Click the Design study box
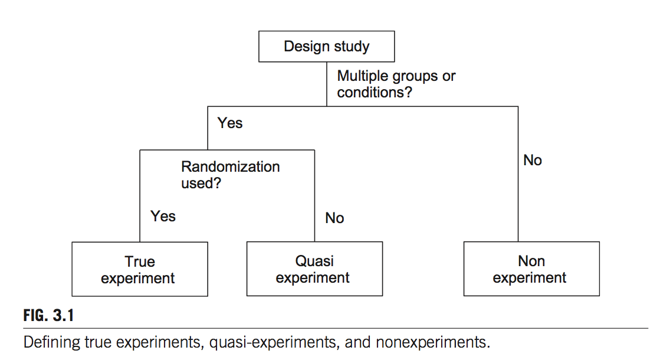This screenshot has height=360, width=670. (x=326, y=47)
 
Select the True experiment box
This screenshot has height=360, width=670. (x=139, y=269)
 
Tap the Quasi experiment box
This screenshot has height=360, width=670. (x=314, y=269)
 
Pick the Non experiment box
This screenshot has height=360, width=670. (x=531, y=269)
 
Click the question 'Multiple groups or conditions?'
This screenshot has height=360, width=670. (x=396, y=84)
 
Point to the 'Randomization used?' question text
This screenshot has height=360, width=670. (x=230, y=175)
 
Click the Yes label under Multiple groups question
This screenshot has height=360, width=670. (x=230, y=123)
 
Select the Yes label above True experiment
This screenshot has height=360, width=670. (x=163, y=216)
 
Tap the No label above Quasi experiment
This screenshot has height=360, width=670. (x=334, y=218)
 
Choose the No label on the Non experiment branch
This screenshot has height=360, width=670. (x=532, y=160)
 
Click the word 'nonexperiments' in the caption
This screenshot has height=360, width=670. (x=438, y=342)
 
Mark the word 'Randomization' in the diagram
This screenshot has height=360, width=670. (x=230, y=166)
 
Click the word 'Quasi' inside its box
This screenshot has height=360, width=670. (x=314, y=261)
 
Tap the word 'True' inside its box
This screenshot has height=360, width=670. (x=140, y=261)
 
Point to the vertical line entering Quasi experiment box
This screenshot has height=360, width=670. (x=314, y=201)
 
